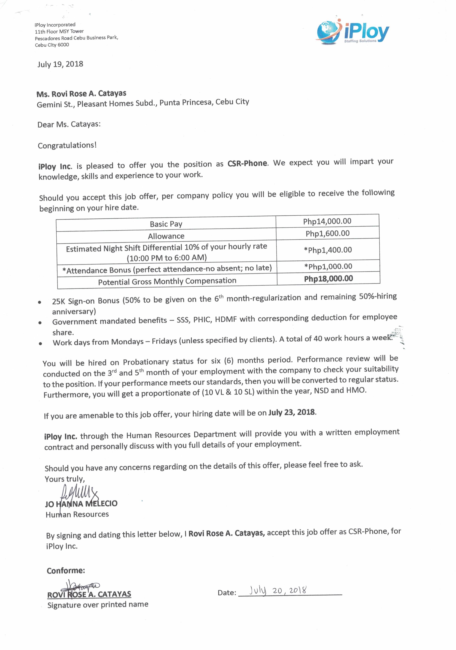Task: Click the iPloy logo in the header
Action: [353, 32]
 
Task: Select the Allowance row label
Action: [166, 236]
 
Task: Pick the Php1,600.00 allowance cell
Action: [327, 234]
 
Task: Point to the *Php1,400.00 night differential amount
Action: [328, 250]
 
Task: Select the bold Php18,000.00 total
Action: [328, 279]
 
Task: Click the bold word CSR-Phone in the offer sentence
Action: [247, 163]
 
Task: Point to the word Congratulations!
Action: [67, 145]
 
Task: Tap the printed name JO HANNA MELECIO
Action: [81, 504]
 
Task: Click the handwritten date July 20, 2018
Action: [277, 591]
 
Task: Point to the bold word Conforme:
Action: [66, 570]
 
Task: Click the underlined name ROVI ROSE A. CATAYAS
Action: [89, 594]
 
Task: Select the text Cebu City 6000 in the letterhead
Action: [52, 45]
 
